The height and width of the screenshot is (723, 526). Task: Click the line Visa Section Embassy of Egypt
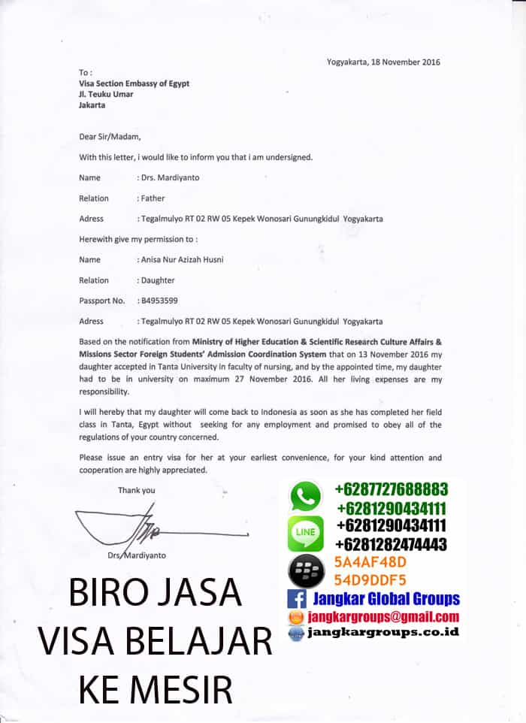tap(134, 83)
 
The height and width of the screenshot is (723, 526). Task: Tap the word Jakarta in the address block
tap(92, 105)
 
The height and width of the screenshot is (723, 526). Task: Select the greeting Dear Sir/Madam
tap(110, 137)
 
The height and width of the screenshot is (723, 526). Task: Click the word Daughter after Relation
tap(158, 280)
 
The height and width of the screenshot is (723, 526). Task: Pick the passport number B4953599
tap(159, 301)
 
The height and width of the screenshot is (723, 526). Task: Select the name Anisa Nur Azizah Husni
tap(181, 260)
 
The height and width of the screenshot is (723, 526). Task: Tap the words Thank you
tap(137, 491)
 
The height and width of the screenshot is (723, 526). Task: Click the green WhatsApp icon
tap(306, 496)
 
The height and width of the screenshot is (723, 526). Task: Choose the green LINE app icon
tap(306, 534)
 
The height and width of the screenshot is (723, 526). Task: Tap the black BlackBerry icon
tap(306, 571)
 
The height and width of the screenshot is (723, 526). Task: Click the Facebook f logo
tap(296, 600)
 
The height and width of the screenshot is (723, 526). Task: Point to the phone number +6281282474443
tap(391, 543)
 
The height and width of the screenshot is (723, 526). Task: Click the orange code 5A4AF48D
tap(370, 562)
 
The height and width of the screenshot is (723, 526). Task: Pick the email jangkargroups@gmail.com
tap(383, 617)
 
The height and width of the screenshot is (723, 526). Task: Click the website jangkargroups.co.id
tap(382, 633)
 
